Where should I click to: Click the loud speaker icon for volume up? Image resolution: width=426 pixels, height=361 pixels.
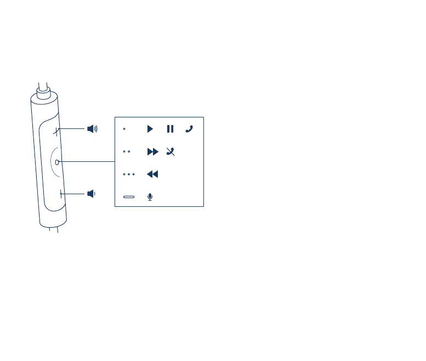click(x=92, y=129)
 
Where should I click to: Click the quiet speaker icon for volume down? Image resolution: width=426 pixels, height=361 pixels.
click(x=91, y=194)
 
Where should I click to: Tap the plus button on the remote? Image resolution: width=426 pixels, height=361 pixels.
click(x=57, y=131)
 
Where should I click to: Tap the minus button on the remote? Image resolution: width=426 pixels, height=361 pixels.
click(x=61, y=193)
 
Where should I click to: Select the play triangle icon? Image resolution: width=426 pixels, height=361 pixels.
click(x=150, y=129)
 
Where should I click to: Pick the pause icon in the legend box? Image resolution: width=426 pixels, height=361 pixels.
click(x=170, y=129)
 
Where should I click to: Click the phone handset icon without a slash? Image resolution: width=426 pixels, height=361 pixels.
click(x=189, y=129)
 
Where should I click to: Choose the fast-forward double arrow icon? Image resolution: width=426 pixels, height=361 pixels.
click(x=152, y=151)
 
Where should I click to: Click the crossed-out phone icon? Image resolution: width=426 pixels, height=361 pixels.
click(x=171, y=151)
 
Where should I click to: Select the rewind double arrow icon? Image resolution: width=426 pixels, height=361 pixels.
click(x=152, y=174)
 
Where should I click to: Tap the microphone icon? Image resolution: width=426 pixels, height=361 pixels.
click(x=150, y=196)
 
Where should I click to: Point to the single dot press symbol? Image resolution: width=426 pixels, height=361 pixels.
click(x=124, y=129)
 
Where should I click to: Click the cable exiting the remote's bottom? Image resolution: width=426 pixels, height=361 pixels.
click(x=53, y=230)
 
